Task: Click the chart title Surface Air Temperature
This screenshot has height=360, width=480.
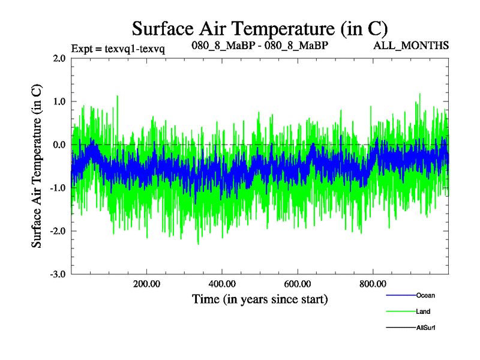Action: click(260, 28)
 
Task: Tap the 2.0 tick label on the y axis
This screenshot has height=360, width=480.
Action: click(59, 59)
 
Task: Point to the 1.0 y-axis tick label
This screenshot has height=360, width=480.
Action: click(59, 102)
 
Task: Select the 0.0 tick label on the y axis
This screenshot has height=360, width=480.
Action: click(59, 145)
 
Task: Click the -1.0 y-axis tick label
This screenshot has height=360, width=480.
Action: click(58, 188)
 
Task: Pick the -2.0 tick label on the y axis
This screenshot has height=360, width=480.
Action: click(58, 232)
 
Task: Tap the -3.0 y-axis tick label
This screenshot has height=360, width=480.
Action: click(58, 275)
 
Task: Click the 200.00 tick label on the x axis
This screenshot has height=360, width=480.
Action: click(146, 284)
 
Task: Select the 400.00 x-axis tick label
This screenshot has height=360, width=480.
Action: click(222, 284)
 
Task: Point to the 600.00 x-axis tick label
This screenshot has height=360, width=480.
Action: click(298, 284)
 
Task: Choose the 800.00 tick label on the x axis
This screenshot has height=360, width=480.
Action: click(373, 284)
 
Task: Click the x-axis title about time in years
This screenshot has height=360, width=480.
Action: click(260, 298)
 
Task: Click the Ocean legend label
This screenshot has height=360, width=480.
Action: click(425, 295)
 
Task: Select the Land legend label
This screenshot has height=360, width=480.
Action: click(423, 311)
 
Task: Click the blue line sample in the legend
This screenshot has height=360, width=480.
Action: click(400, 295)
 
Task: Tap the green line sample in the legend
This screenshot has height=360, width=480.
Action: click(400, 311)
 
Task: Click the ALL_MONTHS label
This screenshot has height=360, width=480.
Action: click(411, 46)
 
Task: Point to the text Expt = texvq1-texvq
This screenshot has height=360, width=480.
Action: click(118, 48)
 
